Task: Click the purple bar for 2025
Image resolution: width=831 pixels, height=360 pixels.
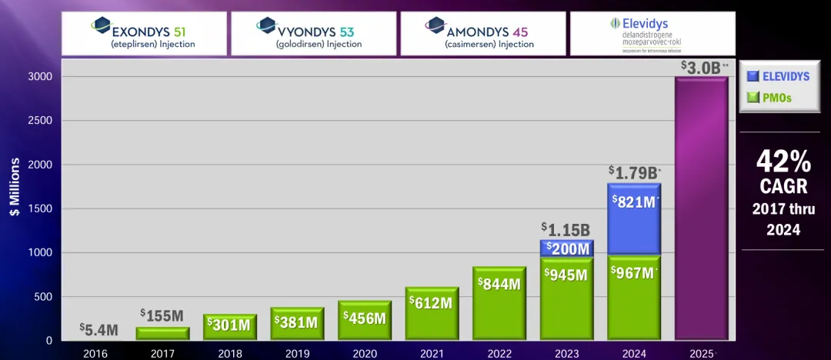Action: pyautogui.click(x=701, y=208)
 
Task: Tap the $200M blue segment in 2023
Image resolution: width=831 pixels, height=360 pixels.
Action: pyautogui.click(x=567, y=248)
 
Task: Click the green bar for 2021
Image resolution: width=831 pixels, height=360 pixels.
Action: pyautogui.click(x=432, y=314)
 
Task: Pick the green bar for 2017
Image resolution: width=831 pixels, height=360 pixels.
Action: pyautogui.click(x=162, y=333)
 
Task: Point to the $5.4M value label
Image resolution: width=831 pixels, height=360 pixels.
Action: pyautogui.click(x=98, y=330)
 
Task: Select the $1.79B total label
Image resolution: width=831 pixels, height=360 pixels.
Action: pyautogui.click(x=634, y=172)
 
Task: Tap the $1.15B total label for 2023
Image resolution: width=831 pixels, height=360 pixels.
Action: pyautogui.click(x=566, y=229)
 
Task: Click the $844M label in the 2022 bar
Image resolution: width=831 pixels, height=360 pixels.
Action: pyautogui.click(x=499, y=283)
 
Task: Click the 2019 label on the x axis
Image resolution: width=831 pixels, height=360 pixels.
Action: pyautogui.click(x=297, y=353)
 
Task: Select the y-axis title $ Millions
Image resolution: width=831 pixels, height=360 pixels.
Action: pyautogui.click(x=15, y=187)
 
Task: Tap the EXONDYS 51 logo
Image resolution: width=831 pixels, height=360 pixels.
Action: pyautogui.click(x=144, y=33)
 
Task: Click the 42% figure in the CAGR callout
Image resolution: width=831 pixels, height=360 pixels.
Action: pyautogui.click(x=783, y=162)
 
